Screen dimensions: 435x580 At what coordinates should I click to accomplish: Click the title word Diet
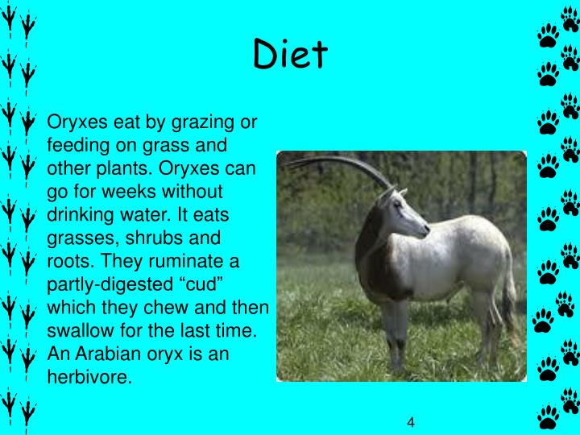[x=290, y=54]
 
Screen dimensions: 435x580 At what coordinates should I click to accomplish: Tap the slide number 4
[x=410, y=423]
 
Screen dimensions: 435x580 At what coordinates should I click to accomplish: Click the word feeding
[x=78, y=147]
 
